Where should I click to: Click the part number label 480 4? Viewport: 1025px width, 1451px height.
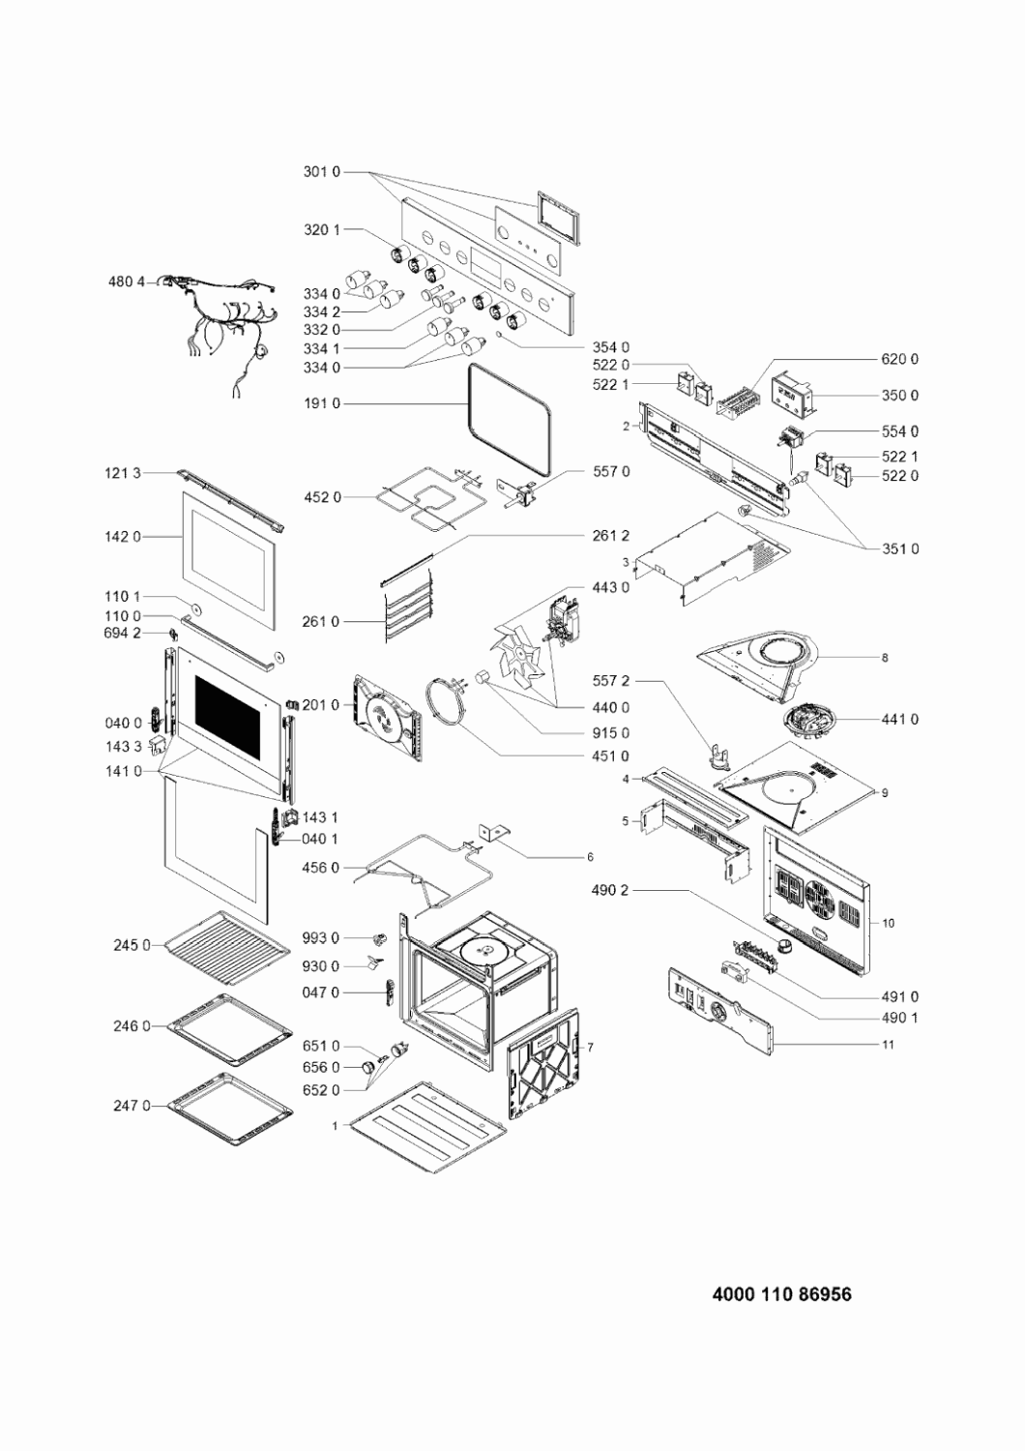126,281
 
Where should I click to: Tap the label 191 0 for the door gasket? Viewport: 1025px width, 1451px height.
321,403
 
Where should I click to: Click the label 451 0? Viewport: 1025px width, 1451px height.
611,755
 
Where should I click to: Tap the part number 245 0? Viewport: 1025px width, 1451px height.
132,945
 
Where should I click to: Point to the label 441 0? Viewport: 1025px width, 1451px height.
900,719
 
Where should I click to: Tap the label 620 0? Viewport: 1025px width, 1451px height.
900,359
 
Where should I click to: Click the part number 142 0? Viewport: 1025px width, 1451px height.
123,536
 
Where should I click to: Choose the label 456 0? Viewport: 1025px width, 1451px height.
321,868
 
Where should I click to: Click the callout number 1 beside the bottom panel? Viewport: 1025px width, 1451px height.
335,1126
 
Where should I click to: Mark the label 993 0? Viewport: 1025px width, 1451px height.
321,937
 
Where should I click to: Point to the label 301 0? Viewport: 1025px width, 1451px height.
322,173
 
